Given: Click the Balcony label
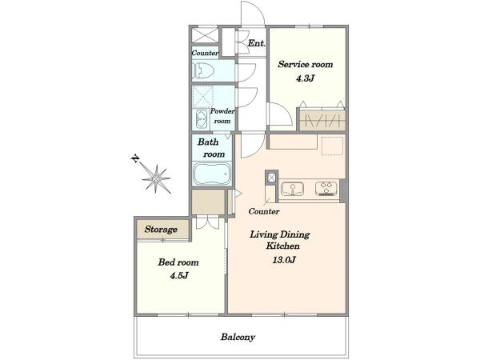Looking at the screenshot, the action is click(238, 337).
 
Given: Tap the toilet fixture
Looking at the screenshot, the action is click(203, 70).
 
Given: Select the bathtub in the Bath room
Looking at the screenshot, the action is click(212, 174).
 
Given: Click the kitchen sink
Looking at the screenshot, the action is click(292, 189).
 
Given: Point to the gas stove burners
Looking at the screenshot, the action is click(326, 189).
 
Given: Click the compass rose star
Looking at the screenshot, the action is click(157, 178).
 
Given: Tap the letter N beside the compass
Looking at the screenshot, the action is click(135, 159).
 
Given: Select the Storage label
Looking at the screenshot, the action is click(161, 230).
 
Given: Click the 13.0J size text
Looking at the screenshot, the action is click(284, 260).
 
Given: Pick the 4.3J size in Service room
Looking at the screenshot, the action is click(305, 78).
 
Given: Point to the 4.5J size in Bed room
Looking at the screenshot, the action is click(179, 276).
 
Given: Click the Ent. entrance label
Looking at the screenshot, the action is click(256, 43).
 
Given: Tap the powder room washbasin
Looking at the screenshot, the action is click(201, 118).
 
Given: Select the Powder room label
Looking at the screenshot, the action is click(222, 116).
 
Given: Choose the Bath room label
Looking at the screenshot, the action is click(211, 148).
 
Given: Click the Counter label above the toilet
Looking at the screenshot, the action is click(205, 53).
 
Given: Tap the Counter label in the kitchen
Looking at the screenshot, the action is click(264, 211).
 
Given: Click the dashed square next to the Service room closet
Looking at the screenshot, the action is click(333, 146).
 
